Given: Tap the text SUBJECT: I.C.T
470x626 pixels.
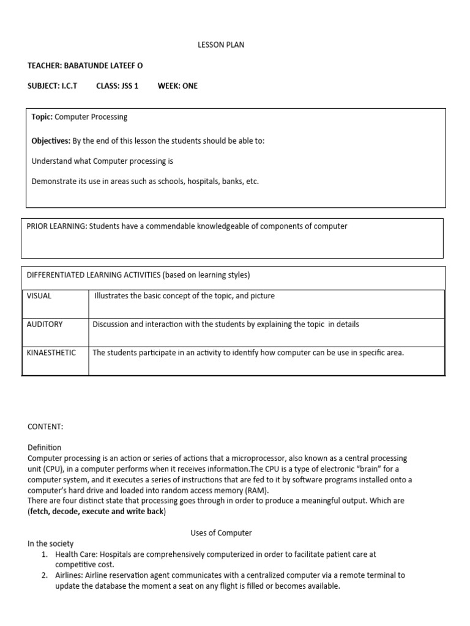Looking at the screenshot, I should point(53,86).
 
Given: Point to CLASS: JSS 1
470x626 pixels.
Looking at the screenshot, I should point(117,86).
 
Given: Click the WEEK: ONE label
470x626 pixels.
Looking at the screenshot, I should point(177,86).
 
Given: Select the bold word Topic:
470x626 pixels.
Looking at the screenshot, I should point(42,117).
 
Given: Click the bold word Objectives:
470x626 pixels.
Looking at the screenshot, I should point(51,141).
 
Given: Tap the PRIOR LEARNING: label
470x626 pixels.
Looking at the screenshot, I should point(57,226).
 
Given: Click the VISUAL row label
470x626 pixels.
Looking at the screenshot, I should point(39,296).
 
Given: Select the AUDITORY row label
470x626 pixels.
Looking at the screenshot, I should point(45,324).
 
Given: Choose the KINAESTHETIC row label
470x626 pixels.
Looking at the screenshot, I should point(51,353).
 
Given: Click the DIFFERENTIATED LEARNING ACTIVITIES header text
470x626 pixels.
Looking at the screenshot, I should point(93,274).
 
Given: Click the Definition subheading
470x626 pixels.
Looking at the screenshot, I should point(45,447).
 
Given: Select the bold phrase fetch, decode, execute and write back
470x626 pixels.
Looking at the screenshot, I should point(97,511).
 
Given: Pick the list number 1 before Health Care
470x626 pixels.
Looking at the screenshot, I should point(44,554).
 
